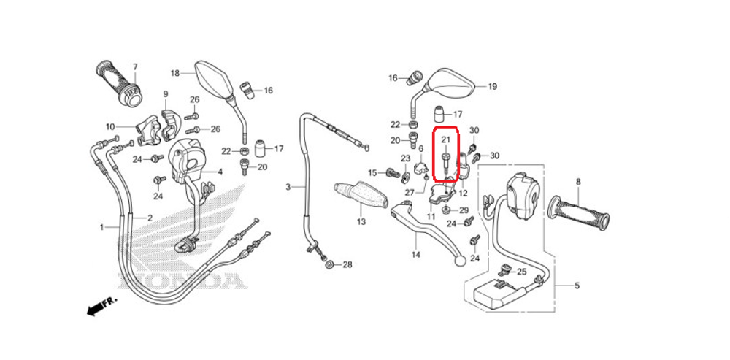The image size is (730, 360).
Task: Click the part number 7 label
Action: point(135,66)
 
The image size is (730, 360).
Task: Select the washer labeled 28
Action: point(328,264)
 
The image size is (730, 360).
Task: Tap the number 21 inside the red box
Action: point(446,139)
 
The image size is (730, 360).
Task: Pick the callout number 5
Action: point(577,286)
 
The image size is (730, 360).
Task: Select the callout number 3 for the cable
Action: point(288,187)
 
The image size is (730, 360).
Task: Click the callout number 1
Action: point(101,227)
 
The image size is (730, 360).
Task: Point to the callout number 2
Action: point(150,218)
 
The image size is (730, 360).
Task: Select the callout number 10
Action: point(110,126)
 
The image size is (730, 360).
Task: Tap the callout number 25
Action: point(521,271)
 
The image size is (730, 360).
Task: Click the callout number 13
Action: point(362,222)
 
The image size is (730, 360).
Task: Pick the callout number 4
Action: point(220,172)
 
